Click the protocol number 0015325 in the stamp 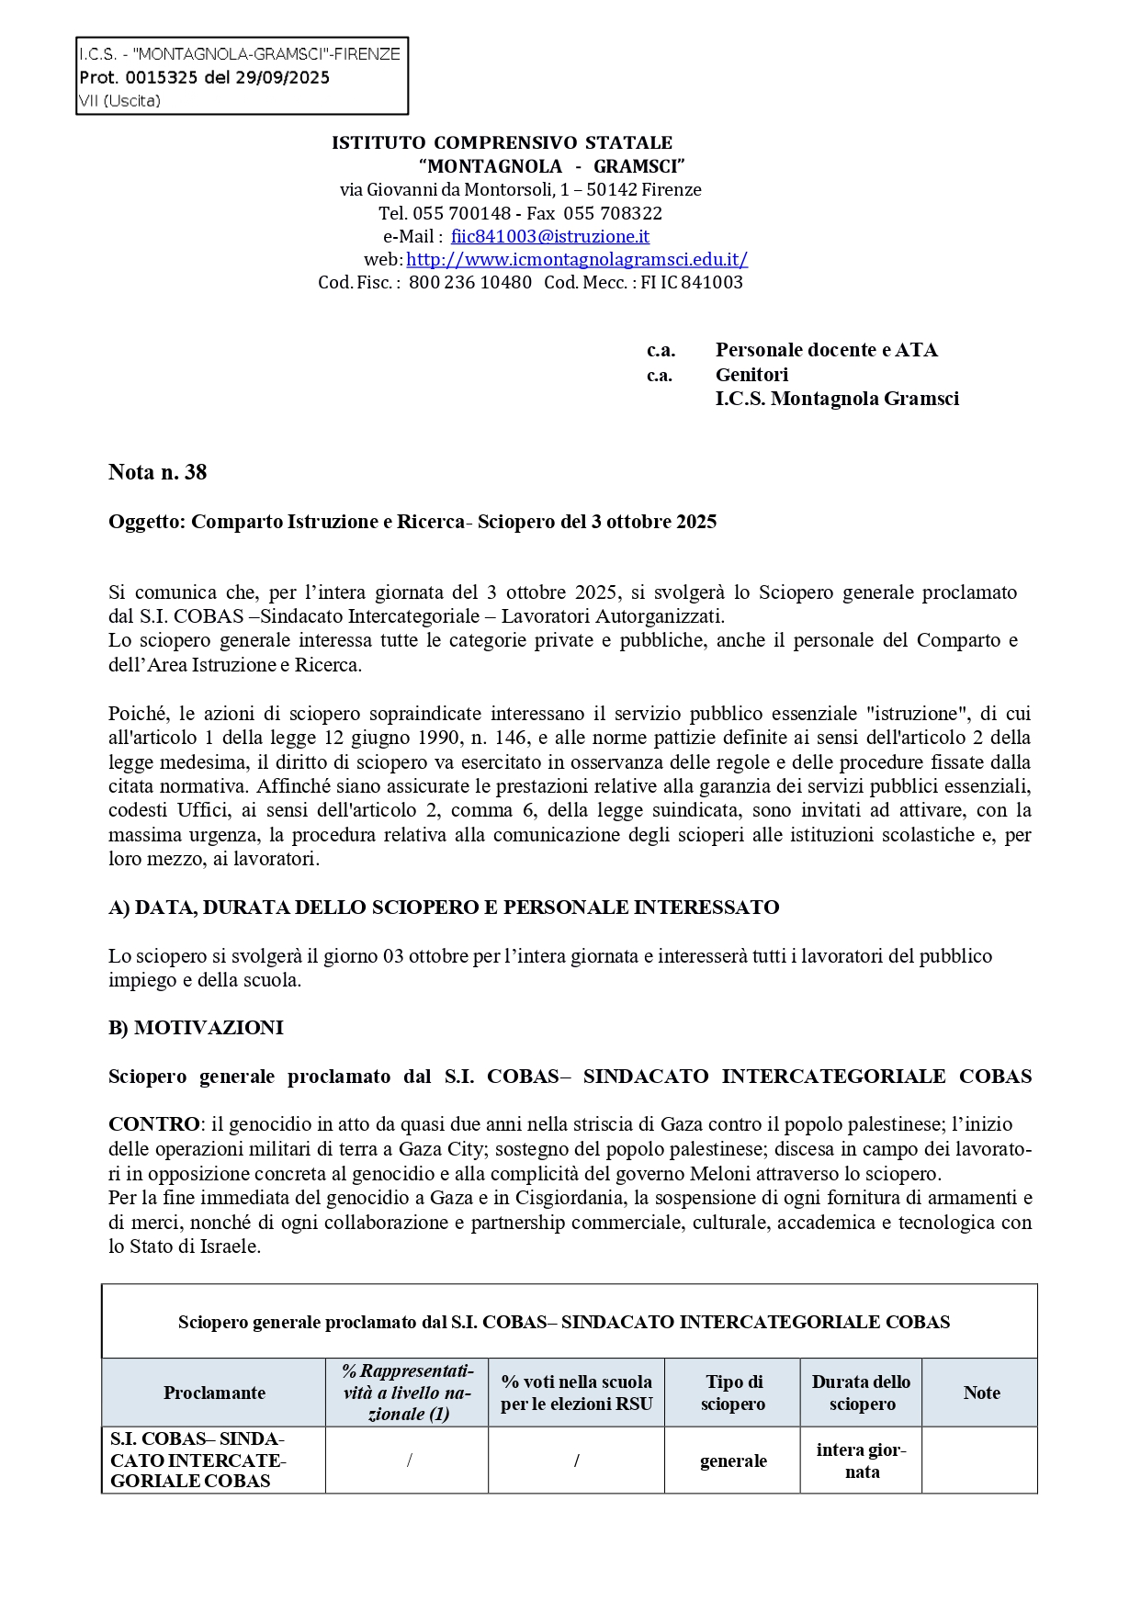pos(162,78)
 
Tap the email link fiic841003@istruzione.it pos(549,236)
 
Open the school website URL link pos(577,259)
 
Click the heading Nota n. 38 pos(157,472)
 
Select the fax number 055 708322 pos(613,213)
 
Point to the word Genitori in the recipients pos(751,375)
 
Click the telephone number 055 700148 pos(461,213)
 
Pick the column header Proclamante pos(214,1393)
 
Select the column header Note pos(981,1393)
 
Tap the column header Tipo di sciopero pos(733,1393)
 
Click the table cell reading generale pos(733,1461)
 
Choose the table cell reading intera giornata pos(862,1461)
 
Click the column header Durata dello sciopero pos(862,1393)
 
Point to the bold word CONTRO pos(153,1124)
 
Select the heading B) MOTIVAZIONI pos(196,1028)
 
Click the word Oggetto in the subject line pos(147,522)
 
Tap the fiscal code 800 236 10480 pos(469,283)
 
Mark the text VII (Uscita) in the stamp pos(119,101)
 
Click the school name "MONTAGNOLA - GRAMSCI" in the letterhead pos(551,166)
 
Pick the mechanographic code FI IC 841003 pos(692,283)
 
